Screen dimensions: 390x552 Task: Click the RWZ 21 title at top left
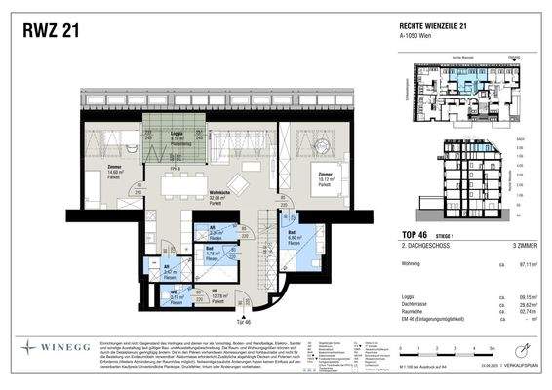pos(51,31)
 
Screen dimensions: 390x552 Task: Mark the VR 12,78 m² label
pos(213,294)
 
